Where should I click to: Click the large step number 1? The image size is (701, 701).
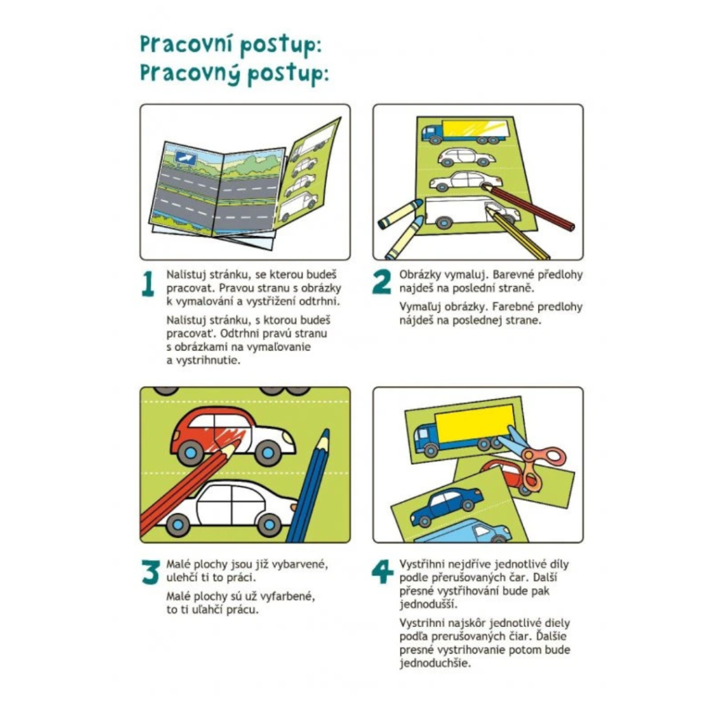[148, 284]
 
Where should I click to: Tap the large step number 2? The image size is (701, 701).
[381, 282]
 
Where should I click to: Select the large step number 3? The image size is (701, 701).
[151, 572]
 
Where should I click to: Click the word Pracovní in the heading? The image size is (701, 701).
[186, 44]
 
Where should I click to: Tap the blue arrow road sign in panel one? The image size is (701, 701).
[186, 158]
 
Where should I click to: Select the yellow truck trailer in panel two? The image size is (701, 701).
[475, 128]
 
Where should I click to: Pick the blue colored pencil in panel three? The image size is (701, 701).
[308, 487]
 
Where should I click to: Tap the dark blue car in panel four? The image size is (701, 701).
[446, 506]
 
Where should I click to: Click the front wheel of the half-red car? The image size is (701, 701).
[190, 453]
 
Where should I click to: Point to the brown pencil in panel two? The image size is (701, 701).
[528, 207]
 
